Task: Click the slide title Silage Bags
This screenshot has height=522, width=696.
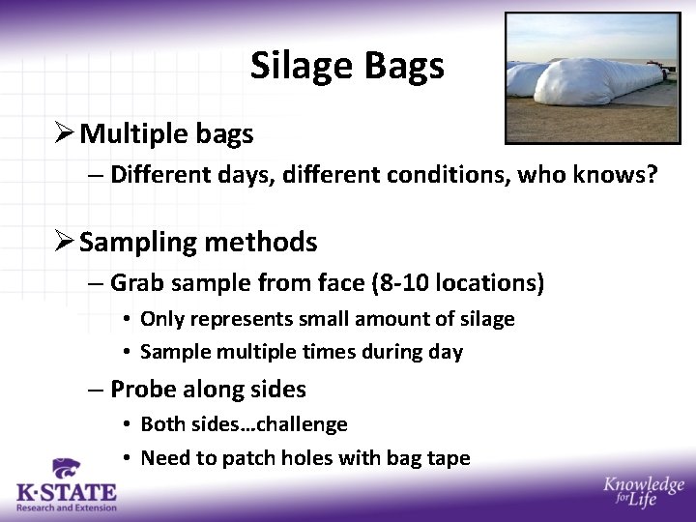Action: point(347,66)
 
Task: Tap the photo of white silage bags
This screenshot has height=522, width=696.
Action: point(592,77)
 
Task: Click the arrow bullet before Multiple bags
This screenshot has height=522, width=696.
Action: point(66,133)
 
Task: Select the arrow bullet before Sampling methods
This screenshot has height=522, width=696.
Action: point(66,242)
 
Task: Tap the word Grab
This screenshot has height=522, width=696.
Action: point(135,283)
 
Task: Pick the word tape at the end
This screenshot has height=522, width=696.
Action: point(449,458)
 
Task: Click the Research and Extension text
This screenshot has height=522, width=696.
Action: point(66,507)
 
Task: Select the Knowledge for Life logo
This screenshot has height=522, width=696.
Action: point(643,491)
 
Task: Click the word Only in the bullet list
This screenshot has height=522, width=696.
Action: point(161,319)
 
